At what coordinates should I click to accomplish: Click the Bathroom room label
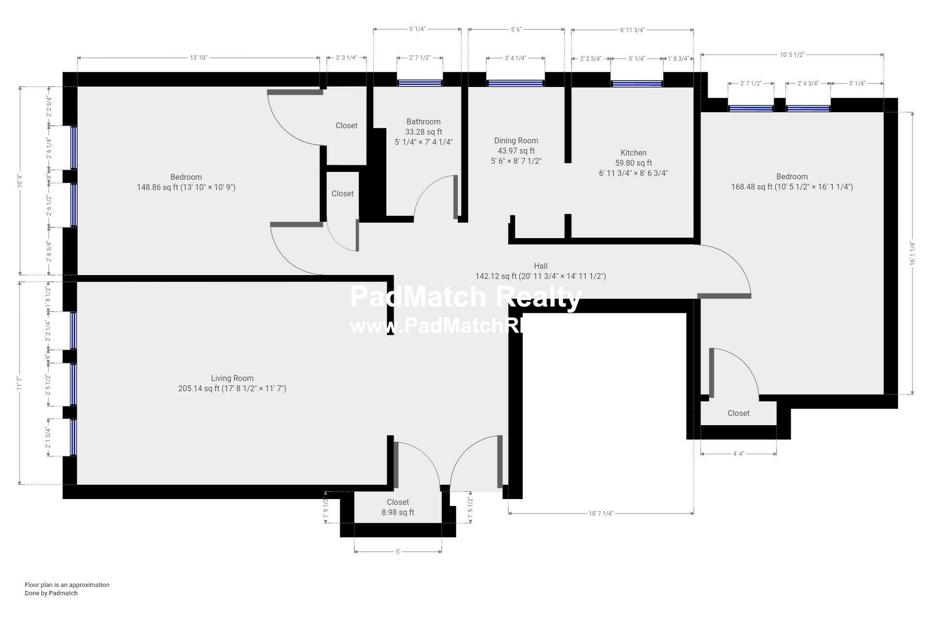coord(423,122)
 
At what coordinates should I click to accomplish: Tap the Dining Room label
coord(516,141)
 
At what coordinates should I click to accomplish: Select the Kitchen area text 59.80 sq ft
coord(633,163)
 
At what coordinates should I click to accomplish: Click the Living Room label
coord(232,379)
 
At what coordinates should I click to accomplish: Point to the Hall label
coord(540,266)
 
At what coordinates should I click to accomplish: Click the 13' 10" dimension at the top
coord(198,58)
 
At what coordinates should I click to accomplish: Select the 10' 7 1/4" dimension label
coord(601,513)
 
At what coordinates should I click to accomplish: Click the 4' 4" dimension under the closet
coord(738,454)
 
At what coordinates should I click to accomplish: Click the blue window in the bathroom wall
coord(419,83)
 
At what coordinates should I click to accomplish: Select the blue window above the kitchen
coord(636,84)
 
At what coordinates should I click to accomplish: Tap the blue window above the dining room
coord(515,84)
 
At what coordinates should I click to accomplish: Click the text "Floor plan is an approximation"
coord(67,585)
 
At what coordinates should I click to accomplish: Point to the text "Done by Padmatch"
coord(51,593)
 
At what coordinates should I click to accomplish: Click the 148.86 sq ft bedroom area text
coord(186,188)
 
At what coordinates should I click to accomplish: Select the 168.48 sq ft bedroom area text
coord(792,187)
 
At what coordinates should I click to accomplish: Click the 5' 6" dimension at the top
coord(516,30)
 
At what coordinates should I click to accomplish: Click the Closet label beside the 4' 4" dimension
coord(738,414)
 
